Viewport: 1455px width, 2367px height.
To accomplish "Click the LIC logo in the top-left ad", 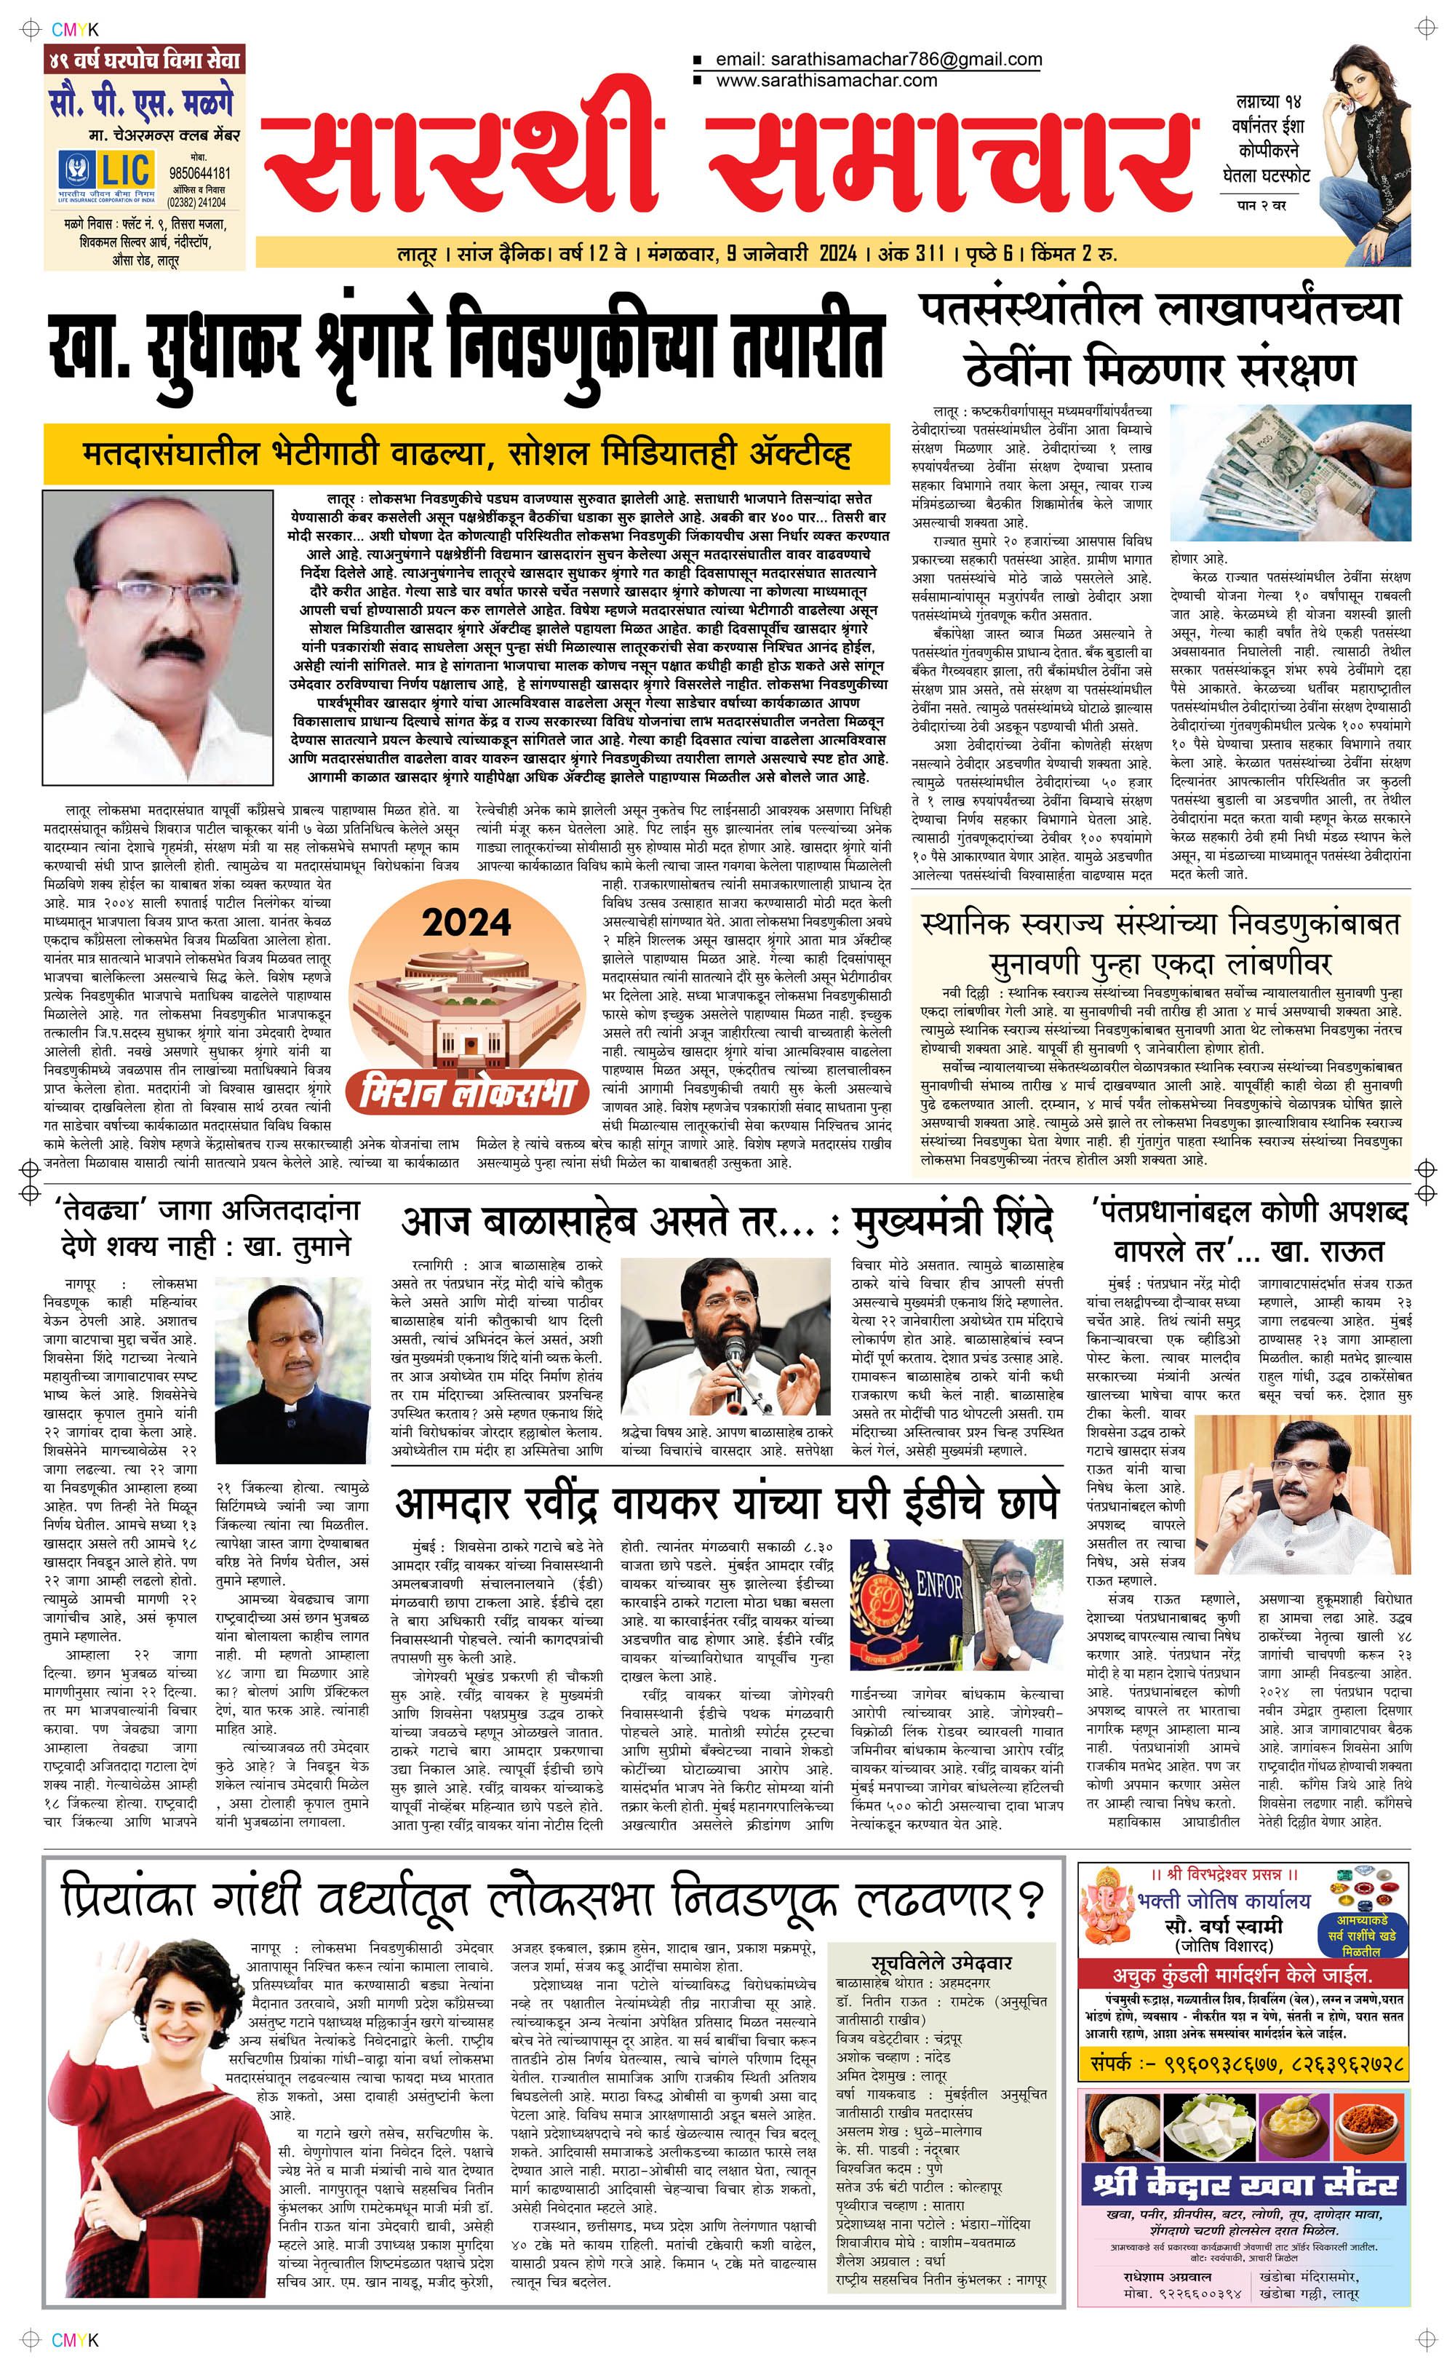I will coord(106,171).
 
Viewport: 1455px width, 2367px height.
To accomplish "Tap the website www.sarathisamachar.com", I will coord(826,81).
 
